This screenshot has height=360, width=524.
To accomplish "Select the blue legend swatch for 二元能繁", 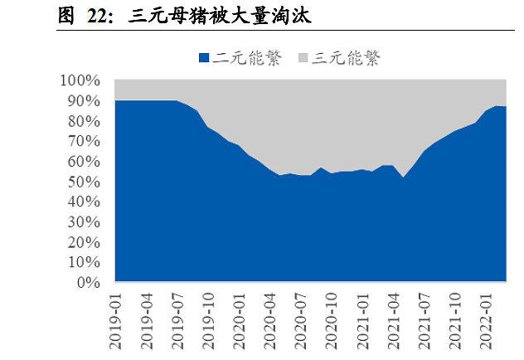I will click(205, 58).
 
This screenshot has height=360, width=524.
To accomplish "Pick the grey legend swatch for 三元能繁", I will click(303, 58).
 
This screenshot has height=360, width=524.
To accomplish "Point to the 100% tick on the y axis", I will click(80, 80).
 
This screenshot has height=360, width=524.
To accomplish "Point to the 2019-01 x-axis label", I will click(116, 318).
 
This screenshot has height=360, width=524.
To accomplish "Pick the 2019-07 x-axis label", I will click(175, 318).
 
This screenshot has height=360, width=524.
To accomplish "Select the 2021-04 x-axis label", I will click(388, 318).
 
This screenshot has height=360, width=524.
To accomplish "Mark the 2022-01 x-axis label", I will click(485, 318).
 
